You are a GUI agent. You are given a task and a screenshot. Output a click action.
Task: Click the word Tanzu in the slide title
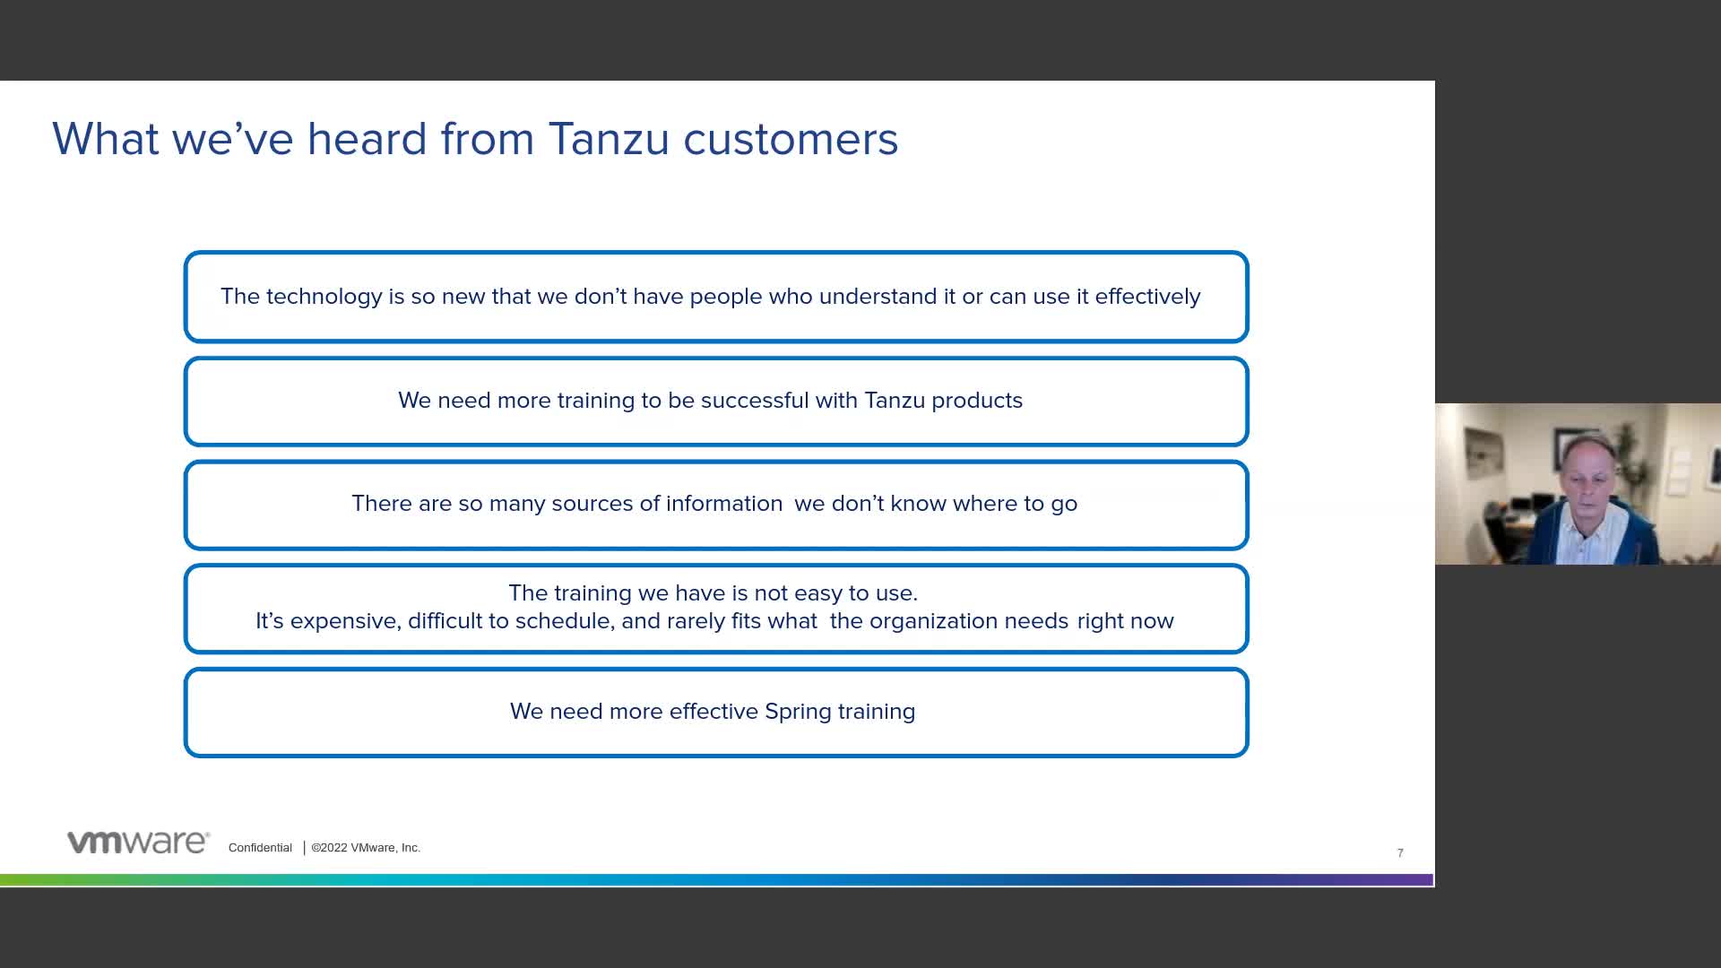point(609,139)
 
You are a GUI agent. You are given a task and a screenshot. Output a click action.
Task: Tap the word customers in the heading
point(791,139)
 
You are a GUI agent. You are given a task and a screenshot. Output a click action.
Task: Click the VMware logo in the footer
point(138,843)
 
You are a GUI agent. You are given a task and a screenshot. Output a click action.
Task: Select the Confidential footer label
point(260,848)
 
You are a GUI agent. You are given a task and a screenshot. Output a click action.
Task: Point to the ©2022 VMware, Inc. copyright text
point(366,848)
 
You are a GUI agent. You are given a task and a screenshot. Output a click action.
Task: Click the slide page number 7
point(1400,853)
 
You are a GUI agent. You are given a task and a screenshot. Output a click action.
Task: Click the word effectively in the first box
point(1147,297)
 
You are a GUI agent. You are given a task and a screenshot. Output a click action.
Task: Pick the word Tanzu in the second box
point(895,401)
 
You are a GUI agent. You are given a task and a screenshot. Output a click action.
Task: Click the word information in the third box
point(724,504)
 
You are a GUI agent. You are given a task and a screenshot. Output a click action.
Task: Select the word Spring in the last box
point(799,712)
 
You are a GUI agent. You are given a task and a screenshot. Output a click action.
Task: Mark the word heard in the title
point(367,139)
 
